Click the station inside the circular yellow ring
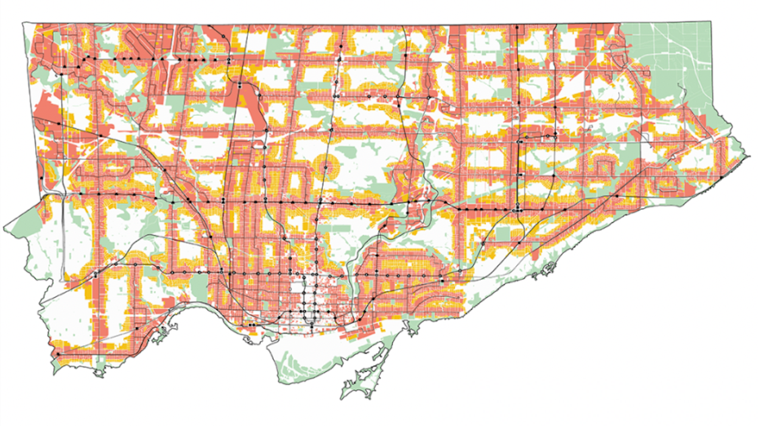pos(326,167)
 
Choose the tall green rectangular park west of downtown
pos(198,286)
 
